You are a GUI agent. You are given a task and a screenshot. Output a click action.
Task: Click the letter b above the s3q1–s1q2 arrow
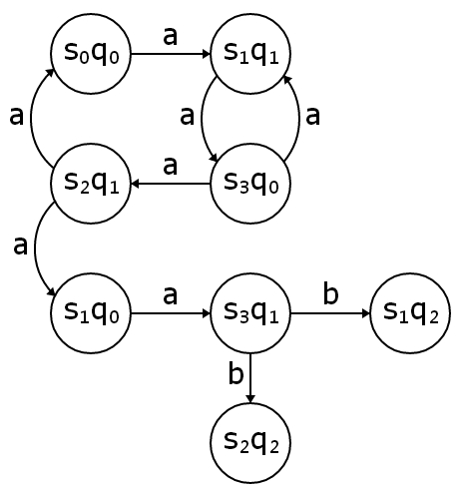[x=329, y=294]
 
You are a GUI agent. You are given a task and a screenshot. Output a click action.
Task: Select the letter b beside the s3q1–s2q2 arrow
[x=235, y=375]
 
